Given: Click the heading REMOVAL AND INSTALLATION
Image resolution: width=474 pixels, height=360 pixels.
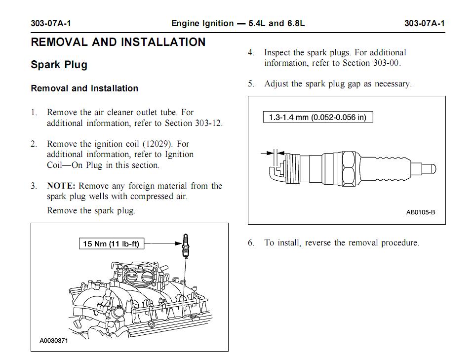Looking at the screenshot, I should click(118, 42).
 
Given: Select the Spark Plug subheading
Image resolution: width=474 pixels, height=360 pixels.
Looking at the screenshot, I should click(59, 65).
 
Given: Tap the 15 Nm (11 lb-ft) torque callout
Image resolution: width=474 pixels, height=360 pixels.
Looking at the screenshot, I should click(112, 243).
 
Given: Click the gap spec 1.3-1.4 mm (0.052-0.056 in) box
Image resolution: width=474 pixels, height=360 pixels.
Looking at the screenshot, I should click(317, 118).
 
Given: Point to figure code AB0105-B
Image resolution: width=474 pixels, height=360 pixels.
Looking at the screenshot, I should click(420, 212).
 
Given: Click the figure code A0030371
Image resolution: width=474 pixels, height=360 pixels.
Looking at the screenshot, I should click(54, 341).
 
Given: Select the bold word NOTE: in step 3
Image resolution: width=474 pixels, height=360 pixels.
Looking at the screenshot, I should click(61, 186).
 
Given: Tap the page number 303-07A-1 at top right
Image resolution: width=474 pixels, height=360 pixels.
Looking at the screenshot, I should click(424, 23).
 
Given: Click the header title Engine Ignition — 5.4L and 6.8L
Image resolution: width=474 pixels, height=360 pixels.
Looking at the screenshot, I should click(238, 23).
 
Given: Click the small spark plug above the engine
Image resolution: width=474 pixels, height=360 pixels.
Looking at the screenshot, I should click(185, 245).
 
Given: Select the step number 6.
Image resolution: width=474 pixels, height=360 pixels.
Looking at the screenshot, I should click(251, 243).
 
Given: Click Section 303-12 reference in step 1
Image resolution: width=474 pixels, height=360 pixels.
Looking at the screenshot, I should click(194, 123).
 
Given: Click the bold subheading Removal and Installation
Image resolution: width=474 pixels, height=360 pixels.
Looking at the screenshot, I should click(84, 88).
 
